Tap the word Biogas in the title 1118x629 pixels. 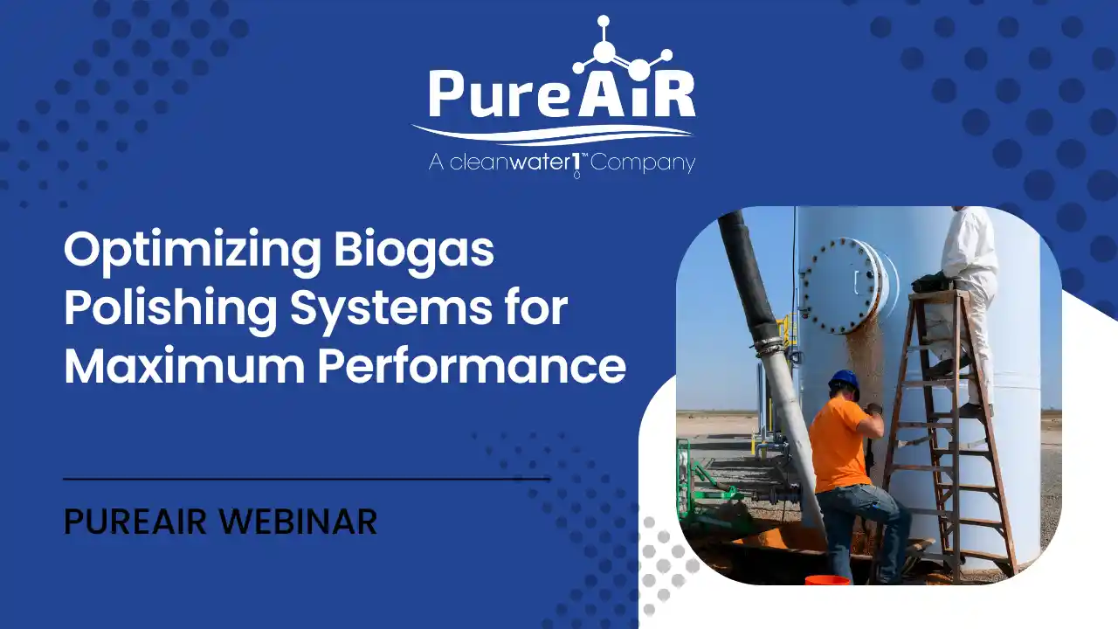click(414, 251)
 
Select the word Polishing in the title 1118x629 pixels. click(170, 309)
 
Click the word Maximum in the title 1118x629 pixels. click(184, 366)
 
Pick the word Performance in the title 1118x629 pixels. click(472, 366)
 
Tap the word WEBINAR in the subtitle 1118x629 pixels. click(298, 522)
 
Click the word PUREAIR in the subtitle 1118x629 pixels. click(135, 522)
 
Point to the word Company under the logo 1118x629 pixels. click(643, 162)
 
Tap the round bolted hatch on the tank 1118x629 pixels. click(844, 286)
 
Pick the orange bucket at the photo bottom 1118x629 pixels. click(827, 580)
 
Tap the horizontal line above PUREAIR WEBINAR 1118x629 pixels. click(307, 479)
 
